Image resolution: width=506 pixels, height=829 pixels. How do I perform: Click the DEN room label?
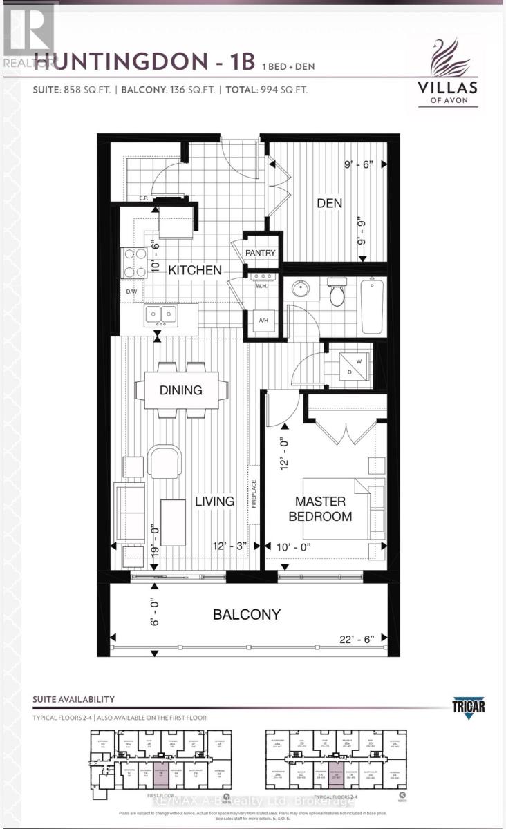330,203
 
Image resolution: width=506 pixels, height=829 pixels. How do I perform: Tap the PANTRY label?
260,253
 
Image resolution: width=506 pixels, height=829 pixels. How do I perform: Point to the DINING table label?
181,390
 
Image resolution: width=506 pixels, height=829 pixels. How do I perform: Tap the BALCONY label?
247,614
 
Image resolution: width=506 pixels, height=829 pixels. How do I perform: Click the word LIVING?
215,501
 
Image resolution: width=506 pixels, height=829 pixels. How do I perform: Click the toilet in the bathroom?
337,293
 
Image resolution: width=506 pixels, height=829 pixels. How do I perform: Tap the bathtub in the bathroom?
371,305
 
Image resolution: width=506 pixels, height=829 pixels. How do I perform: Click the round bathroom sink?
301,288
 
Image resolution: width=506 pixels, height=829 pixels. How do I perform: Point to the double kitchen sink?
160,316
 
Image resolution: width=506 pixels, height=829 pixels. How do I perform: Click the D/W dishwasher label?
131,292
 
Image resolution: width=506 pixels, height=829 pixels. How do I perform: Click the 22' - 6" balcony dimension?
359,641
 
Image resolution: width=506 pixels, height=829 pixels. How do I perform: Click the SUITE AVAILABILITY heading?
73,700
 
